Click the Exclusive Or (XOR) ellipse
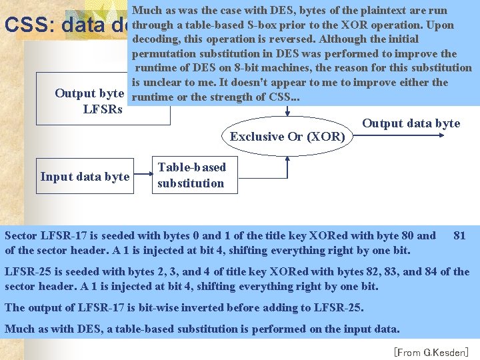click(x=287, y=136)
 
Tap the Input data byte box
click(x=85, y=177)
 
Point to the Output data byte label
click(x=411, y=123)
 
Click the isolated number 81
click(x=459, y=235)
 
